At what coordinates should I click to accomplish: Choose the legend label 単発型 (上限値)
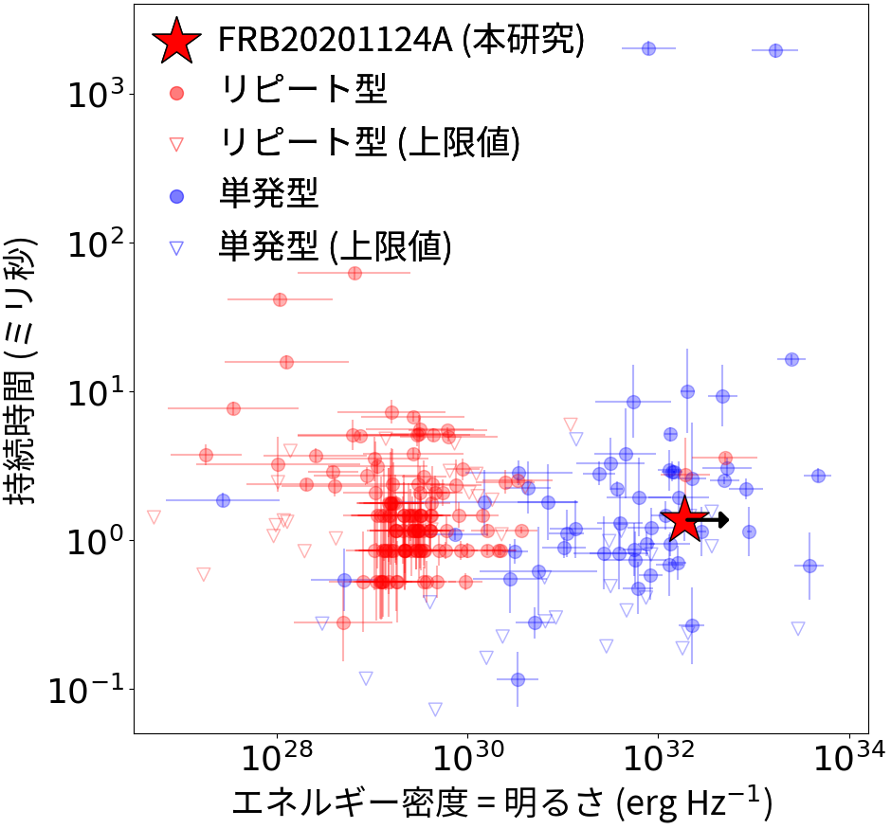(x=335, y=246)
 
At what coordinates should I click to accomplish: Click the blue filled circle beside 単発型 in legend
(x=176, y=195)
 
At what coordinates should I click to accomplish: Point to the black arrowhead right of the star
(x=723, y=519)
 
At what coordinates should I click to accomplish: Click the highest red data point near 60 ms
(x=355, y=273)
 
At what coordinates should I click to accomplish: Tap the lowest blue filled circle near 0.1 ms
(x=518, y=679)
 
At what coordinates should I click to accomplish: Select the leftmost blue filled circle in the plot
(x=223, y=500)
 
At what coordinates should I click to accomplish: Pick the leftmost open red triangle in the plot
(x=154, y=516)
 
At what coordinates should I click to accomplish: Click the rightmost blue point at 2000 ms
(x=775, y=50)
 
